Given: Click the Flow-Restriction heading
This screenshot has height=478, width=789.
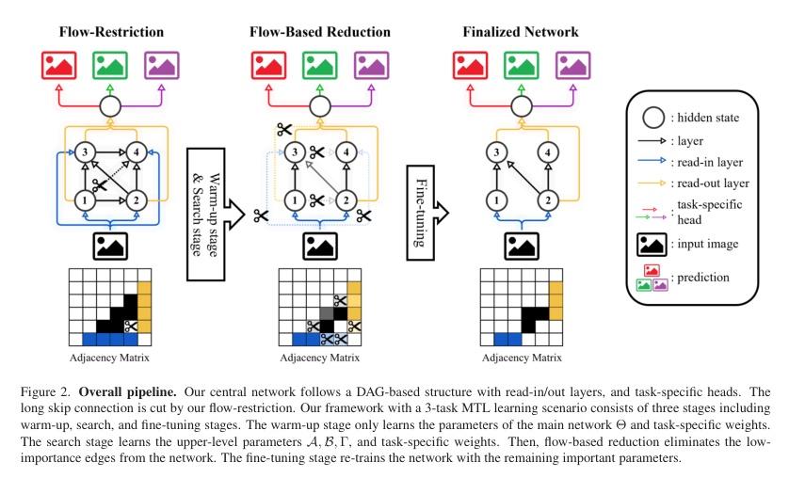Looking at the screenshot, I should point(111,32).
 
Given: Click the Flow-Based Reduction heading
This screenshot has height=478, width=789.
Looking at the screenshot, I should point(319,32).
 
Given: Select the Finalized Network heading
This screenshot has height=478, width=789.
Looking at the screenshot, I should point(521,32).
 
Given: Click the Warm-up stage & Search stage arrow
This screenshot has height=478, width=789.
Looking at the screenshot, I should point(215,201).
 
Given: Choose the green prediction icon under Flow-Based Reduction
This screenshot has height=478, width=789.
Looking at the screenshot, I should point(319,66).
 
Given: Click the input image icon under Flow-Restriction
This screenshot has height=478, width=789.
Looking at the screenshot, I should point(111,247).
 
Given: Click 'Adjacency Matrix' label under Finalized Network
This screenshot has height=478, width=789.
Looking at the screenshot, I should point(521,358).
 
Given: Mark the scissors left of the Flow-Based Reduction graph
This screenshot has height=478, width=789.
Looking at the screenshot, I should point(261,215).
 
